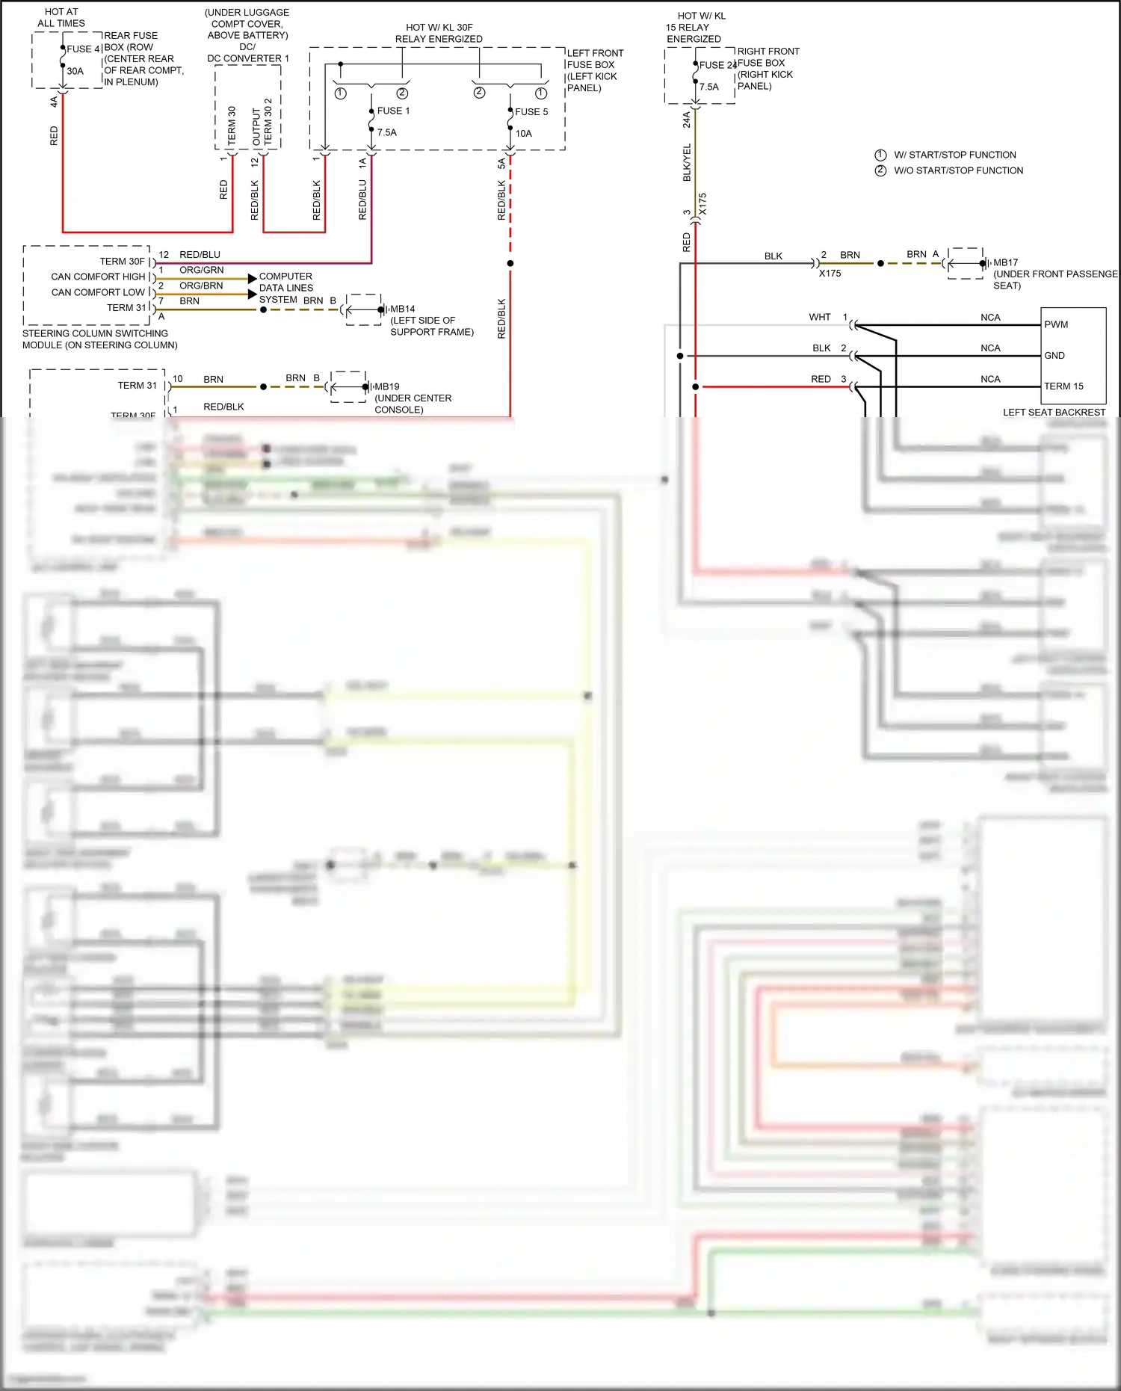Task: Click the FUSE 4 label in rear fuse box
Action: coord(83,49)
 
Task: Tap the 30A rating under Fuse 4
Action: coord(75,71)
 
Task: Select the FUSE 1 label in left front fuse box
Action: coord(393,111)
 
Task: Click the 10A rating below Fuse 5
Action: coord(523,134)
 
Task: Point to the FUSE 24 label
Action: coord(717,65)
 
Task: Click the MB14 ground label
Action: coord(402,309)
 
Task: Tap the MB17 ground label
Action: coord(1005,262)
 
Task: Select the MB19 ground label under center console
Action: coord(386,386)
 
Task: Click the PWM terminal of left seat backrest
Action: coord(1055,324)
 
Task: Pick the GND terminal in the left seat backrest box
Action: coord(1054,355)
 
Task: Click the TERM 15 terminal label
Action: coord(1063,386)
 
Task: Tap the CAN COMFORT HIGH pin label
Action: coord(98,277)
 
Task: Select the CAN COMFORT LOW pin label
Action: coord(98,292)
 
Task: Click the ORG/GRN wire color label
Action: coord(201,270)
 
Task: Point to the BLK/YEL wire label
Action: coord(687,162)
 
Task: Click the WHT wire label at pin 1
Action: coord(819,317)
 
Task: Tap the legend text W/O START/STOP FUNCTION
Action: coord(958,170)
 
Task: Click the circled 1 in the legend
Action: coord(880,155)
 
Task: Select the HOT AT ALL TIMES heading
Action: coord(61,17)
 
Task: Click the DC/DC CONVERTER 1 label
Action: coord(247,52)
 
